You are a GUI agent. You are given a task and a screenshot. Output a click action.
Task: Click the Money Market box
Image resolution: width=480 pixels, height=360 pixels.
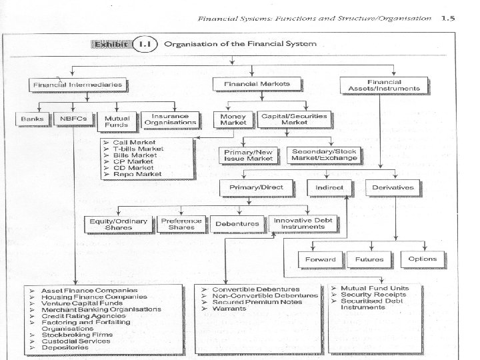coord(233,120)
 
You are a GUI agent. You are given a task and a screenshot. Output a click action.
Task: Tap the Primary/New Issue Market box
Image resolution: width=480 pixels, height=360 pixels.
coord(249,155)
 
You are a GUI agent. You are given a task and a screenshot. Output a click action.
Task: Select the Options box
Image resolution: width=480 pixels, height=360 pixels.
coord(423,259)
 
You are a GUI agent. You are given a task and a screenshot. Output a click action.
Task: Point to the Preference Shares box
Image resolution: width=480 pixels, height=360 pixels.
coord(181,223)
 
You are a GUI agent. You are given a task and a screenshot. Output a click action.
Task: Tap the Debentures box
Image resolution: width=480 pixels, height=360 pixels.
coord(237,223)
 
